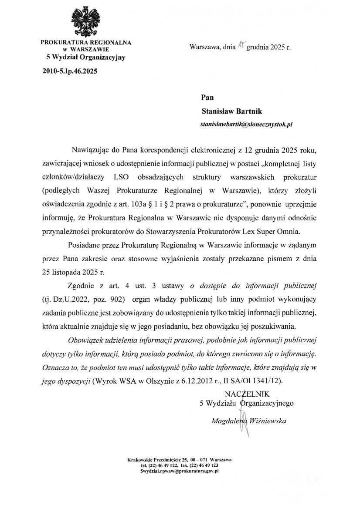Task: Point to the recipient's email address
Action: pyautogui.click(x=246, y=124)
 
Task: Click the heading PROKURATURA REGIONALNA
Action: pyautogui.click(x=85, y=43)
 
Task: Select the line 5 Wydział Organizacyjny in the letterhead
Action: pyautogui.click(x=86, y=57)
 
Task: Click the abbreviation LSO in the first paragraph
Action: pyautogui.click(x=121, y=178)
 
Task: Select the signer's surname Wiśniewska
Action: pyautogui.click(x=267, y=421)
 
